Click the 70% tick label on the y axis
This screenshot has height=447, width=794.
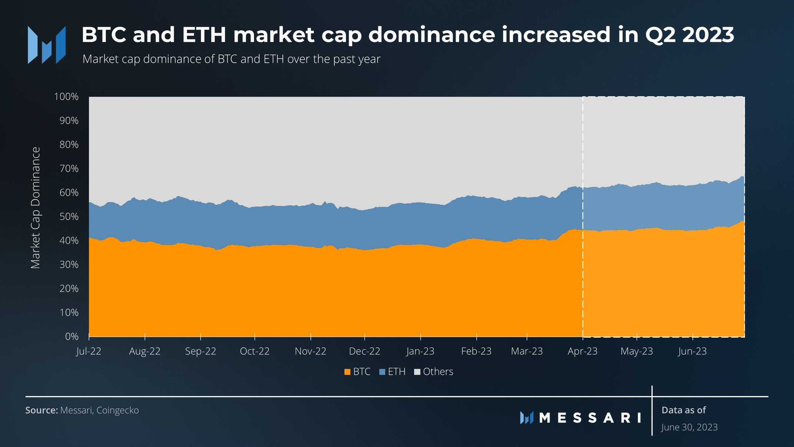click(x=69, y=169)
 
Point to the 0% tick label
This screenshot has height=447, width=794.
click(x=72, y=337)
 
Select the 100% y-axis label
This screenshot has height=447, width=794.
click(x=66, y=97)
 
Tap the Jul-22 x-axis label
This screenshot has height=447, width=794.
click(x=89, y=351)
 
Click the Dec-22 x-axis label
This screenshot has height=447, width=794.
click(x=364, y=351)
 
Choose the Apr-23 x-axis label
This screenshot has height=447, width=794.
click(x=582, y=351)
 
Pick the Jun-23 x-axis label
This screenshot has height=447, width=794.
click(x=692, y=351)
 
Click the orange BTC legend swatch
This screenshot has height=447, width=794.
click(x=347, y=372)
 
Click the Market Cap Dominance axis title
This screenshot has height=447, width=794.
click(x=35, y=208)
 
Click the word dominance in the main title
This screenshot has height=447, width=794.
click(x=432, y=35)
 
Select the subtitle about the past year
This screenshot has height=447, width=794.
click(x=231, y=59)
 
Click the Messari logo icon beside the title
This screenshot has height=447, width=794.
click(x=47, y=45)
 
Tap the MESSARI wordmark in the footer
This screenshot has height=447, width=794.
click(x=590, y=418)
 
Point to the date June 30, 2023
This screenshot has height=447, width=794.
click(x=689, y=427)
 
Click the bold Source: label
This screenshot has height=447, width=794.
click(x=42, y=410)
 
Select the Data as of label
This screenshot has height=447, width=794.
click(x=684, y=410)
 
